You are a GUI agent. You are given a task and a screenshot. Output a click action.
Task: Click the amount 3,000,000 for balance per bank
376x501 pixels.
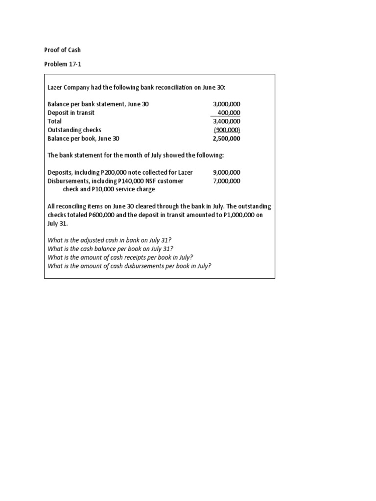coord(227,104)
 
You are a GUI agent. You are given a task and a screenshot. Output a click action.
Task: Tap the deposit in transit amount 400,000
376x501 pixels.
coord(229,113)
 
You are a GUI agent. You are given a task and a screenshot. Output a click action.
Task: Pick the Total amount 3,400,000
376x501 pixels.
coord(227,121)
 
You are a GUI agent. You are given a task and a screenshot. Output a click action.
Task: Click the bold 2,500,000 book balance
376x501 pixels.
coord(227,138)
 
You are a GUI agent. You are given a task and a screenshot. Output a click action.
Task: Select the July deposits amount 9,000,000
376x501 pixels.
coord(227,172)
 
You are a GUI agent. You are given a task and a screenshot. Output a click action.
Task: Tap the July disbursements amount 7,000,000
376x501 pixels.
coord(227,181)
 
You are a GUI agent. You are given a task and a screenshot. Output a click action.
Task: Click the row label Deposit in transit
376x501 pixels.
coord(71,113)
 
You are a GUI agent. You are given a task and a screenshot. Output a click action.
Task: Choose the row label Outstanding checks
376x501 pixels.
coord(74,130)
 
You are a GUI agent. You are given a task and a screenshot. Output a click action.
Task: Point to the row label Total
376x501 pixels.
coord(55,121)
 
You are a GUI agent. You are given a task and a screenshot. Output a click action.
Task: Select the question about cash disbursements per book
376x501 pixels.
coord(129,266)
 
